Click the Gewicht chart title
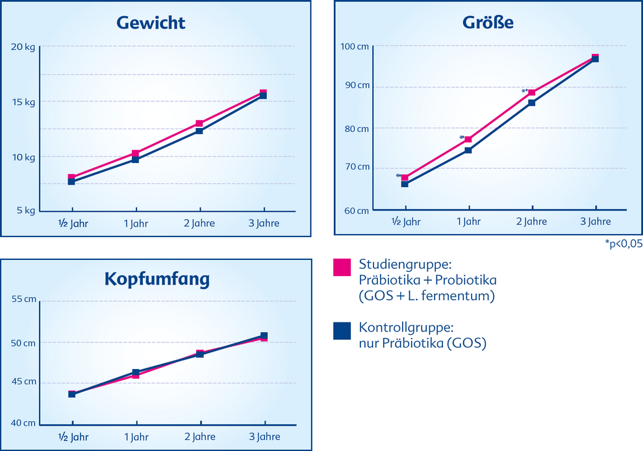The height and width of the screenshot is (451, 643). tap(151, 23)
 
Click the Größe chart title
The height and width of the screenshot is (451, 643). tap(488, 23)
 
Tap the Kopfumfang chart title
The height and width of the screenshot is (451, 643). tap(157, 279)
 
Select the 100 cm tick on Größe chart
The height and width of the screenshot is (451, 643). tap(355, 46)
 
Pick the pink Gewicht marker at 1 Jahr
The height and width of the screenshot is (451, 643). tap(136, 153)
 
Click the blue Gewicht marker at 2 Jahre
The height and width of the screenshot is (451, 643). tap(199, 131)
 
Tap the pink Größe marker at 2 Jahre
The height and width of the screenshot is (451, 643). tap(532, 92)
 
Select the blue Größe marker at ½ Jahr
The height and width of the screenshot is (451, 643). tap(405, 184)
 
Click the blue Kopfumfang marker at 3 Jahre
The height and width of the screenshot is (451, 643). tap(264, 336)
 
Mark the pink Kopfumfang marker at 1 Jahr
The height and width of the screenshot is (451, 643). tap(136, 376)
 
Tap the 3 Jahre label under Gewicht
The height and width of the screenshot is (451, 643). tap(264, 224)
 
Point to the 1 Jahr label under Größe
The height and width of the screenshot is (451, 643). tap(468, 222)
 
